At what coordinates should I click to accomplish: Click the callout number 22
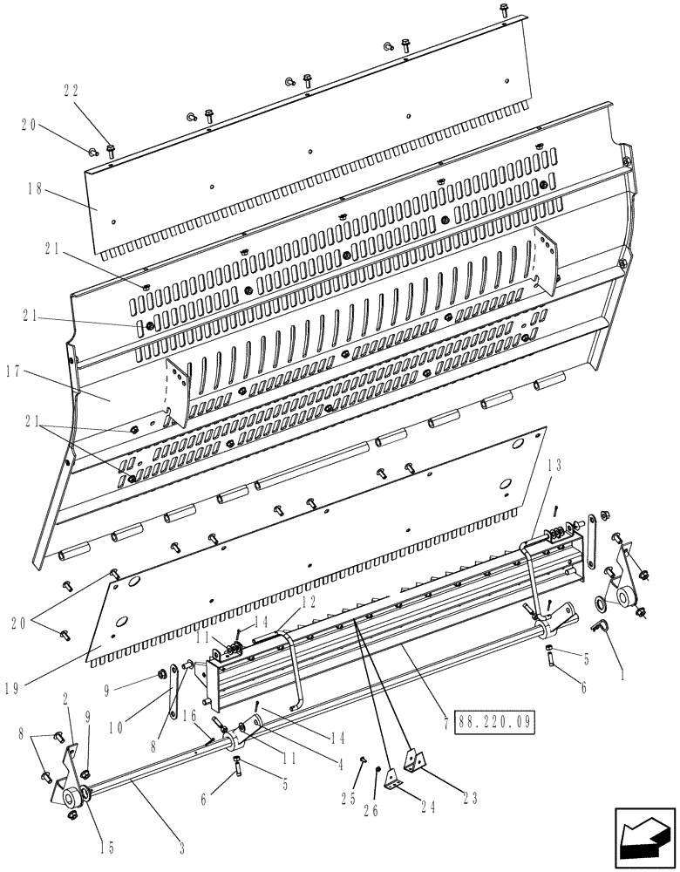(73, 90)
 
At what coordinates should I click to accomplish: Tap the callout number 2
(66, 700)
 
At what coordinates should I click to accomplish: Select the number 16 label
(188, 713)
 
